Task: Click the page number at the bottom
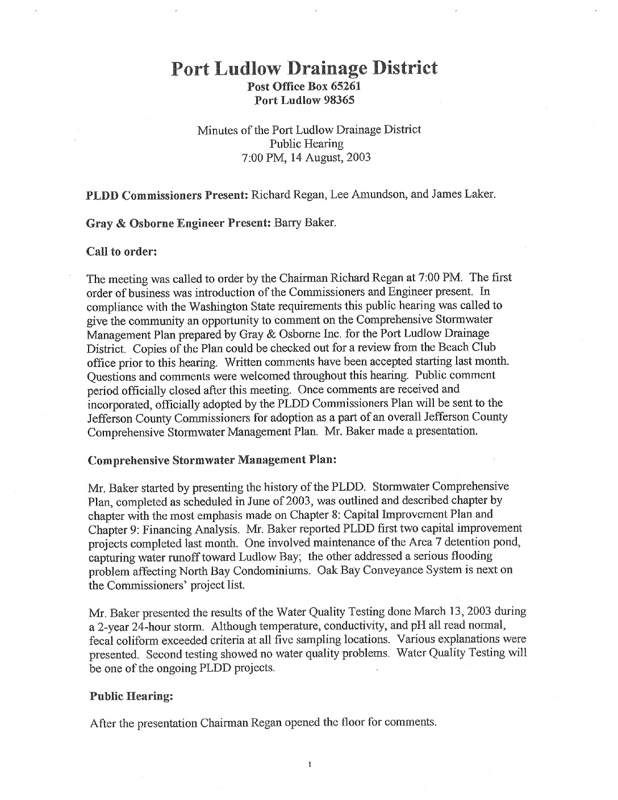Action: click(x=309, y=765)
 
